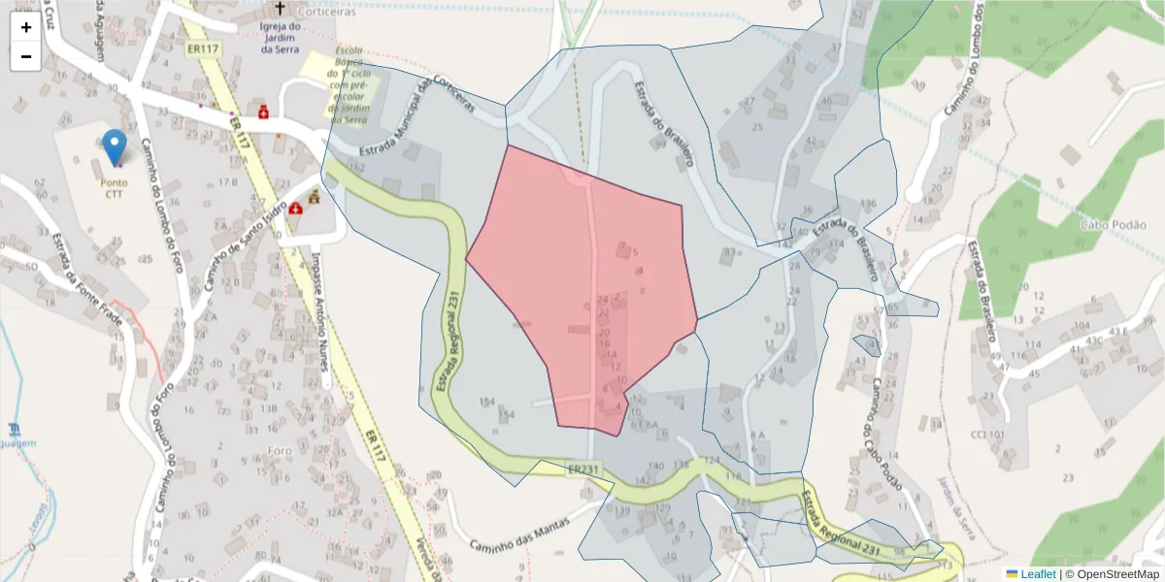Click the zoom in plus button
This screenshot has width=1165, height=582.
click(26, 27)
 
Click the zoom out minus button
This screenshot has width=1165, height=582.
click(26, 56)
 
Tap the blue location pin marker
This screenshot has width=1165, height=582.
click(115, 147)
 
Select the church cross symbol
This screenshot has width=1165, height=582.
click(281, 10)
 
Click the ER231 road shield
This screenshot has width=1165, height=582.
click(584, 469)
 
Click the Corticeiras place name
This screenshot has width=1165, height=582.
click(328, 12)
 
